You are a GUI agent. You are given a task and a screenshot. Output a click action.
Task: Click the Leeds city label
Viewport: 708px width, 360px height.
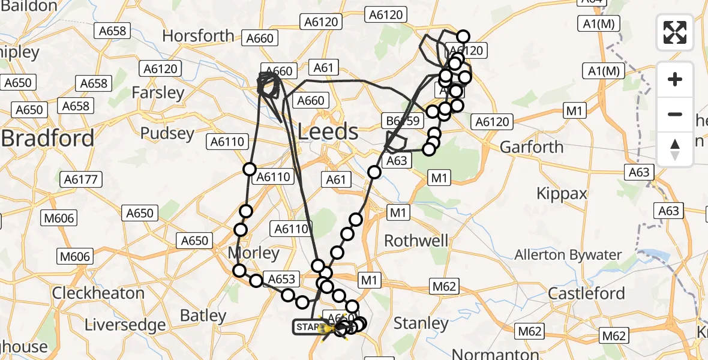pos(328,131)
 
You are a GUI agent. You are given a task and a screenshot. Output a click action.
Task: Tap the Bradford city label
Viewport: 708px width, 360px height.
pos(48,139)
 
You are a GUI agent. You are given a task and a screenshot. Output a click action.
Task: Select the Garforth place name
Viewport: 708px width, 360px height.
pos(532,147)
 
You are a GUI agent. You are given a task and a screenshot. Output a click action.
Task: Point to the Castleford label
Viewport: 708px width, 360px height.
pos(587,293)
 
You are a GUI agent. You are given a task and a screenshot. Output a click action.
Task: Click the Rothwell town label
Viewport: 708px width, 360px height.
pos(416,241)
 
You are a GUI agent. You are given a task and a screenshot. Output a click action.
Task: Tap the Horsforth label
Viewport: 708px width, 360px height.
pos(198,36)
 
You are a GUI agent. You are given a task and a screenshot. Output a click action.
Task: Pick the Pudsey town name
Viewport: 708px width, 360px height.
pos(167,133)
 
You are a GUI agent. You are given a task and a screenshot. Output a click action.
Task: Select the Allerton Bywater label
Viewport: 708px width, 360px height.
pos(568,255)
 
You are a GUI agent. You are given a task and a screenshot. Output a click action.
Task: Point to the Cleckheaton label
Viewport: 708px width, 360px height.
pos(98,293)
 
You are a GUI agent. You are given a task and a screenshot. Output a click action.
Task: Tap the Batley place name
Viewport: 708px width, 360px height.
pos(203,316)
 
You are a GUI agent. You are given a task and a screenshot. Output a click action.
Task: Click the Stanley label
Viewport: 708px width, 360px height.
pos(421,323)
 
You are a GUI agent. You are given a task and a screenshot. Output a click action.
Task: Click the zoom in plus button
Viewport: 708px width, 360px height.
pos(675,79)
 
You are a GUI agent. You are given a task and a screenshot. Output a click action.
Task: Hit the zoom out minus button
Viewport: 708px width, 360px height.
pos(675,114)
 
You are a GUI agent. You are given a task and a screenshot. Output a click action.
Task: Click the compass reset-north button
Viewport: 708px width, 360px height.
pos(675,149)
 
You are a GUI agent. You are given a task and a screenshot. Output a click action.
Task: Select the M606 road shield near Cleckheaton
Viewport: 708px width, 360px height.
pos(74,257)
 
